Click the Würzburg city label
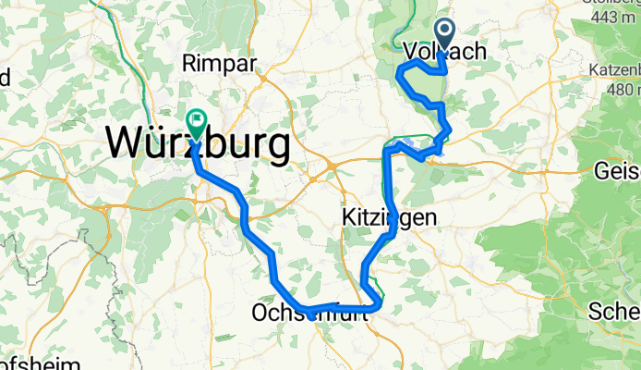pyautogui.click(x=197, y=144)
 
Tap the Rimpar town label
pyautogui.click(x=220, y=63)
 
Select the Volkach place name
pyautogui.click(x=445, y=53)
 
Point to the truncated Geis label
pyautogui.click(x=618, y=171)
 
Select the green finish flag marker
pyautogui.click(x=197, y=121)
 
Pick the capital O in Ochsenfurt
pyautogui.click(x=260, y=315)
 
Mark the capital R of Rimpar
pyautogui.click(x=190, y=63)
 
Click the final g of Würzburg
pyautogui.click(x=275, y=148)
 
